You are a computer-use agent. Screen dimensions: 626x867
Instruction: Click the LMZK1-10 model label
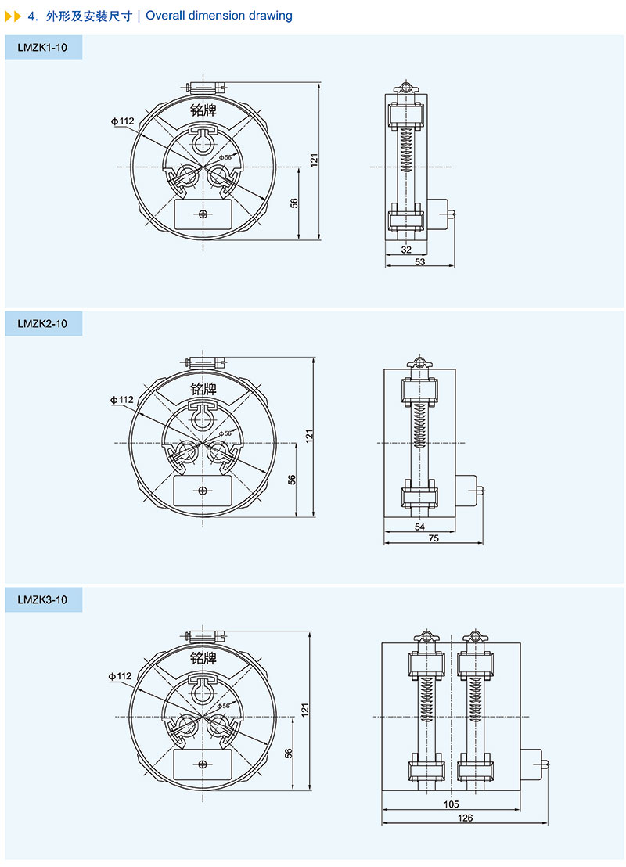[42, 48]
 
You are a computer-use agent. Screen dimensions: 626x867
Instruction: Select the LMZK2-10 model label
[42, 323]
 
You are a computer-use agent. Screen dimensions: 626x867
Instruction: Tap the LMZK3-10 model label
[42, 599]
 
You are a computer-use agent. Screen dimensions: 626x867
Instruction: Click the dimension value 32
[406, 250]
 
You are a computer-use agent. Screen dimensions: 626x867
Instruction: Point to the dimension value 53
[419, 261]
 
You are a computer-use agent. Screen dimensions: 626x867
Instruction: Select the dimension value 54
[419, 527]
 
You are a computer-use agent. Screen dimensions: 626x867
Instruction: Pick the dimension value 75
[434, 538]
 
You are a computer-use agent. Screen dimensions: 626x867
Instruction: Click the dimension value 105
[452, 804]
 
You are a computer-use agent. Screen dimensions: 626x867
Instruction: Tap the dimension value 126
[465, 817]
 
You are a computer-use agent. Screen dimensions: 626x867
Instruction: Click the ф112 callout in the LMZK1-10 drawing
[122, 121]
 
